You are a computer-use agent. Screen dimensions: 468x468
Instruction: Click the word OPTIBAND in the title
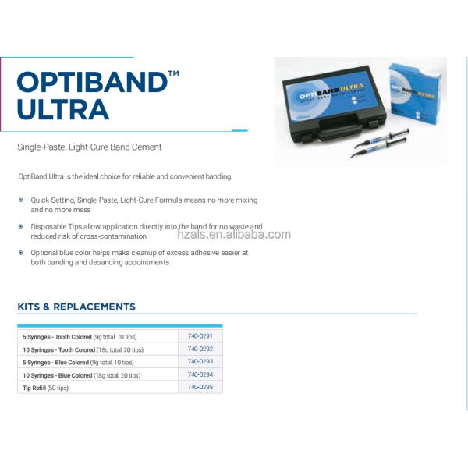[89, 82]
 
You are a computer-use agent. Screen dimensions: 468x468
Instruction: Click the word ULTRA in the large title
[63, 109]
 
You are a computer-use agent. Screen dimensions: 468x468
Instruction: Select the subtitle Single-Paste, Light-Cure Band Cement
[90, 147]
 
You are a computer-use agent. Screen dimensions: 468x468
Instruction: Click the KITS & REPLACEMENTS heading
[76, 307]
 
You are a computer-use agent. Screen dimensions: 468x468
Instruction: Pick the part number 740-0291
[200, 335]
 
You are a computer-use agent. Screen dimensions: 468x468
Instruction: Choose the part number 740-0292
[200, 349]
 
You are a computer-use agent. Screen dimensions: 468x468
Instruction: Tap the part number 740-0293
[200, 362]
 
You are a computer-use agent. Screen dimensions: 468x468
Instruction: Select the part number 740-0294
[200, 374]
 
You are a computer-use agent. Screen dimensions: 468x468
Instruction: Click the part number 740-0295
[200, 387]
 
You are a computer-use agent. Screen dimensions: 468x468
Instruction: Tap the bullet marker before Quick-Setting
[21, 200]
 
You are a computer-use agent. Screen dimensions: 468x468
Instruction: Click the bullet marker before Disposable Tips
[21, 226]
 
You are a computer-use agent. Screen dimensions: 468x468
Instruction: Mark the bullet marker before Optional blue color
[21, 253]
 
